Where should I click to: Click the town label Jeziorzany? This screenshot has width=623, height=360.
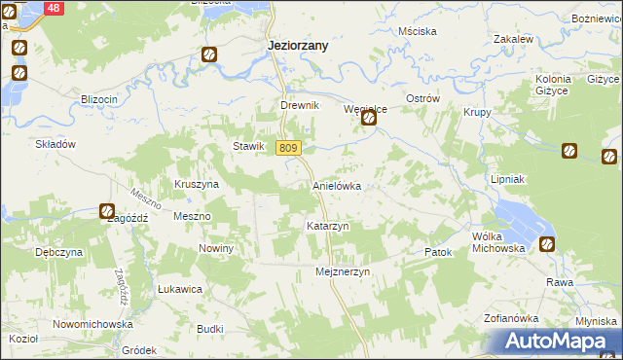coord(298,45)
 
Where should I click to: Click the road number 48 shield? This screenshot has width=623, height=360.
coord(54,8)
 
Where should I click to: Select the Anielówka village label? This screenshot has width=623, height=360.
coord(337,185)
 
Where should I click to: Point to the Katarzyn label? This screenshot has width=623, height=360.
coord(327,226)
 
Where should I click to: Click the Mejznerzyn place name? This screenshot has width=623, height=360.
coord(344,272)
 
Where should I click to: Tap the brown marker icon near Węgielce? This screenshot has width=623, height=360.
coord(369,119)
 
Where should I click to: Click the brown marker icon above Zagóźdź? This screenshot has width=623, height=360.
coord(107,210)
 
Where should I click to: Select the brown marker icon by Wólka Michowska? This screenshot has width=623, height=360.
coord(548,244)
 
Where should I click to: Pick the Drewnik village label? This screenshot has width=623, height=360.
coord(300,105)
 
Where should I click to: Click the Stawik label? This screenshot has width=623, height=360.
coord(248,146)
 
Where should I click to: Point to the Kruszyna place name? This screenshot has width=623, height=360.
coord(197,183)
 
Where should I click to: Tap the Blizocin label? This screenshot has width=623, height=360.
coord(99,99)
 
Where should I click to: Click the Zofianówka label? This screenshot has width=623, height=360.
coord(511,318)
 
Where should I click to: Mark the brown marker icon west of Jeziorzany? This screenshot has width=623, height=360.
coord(209,54)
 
